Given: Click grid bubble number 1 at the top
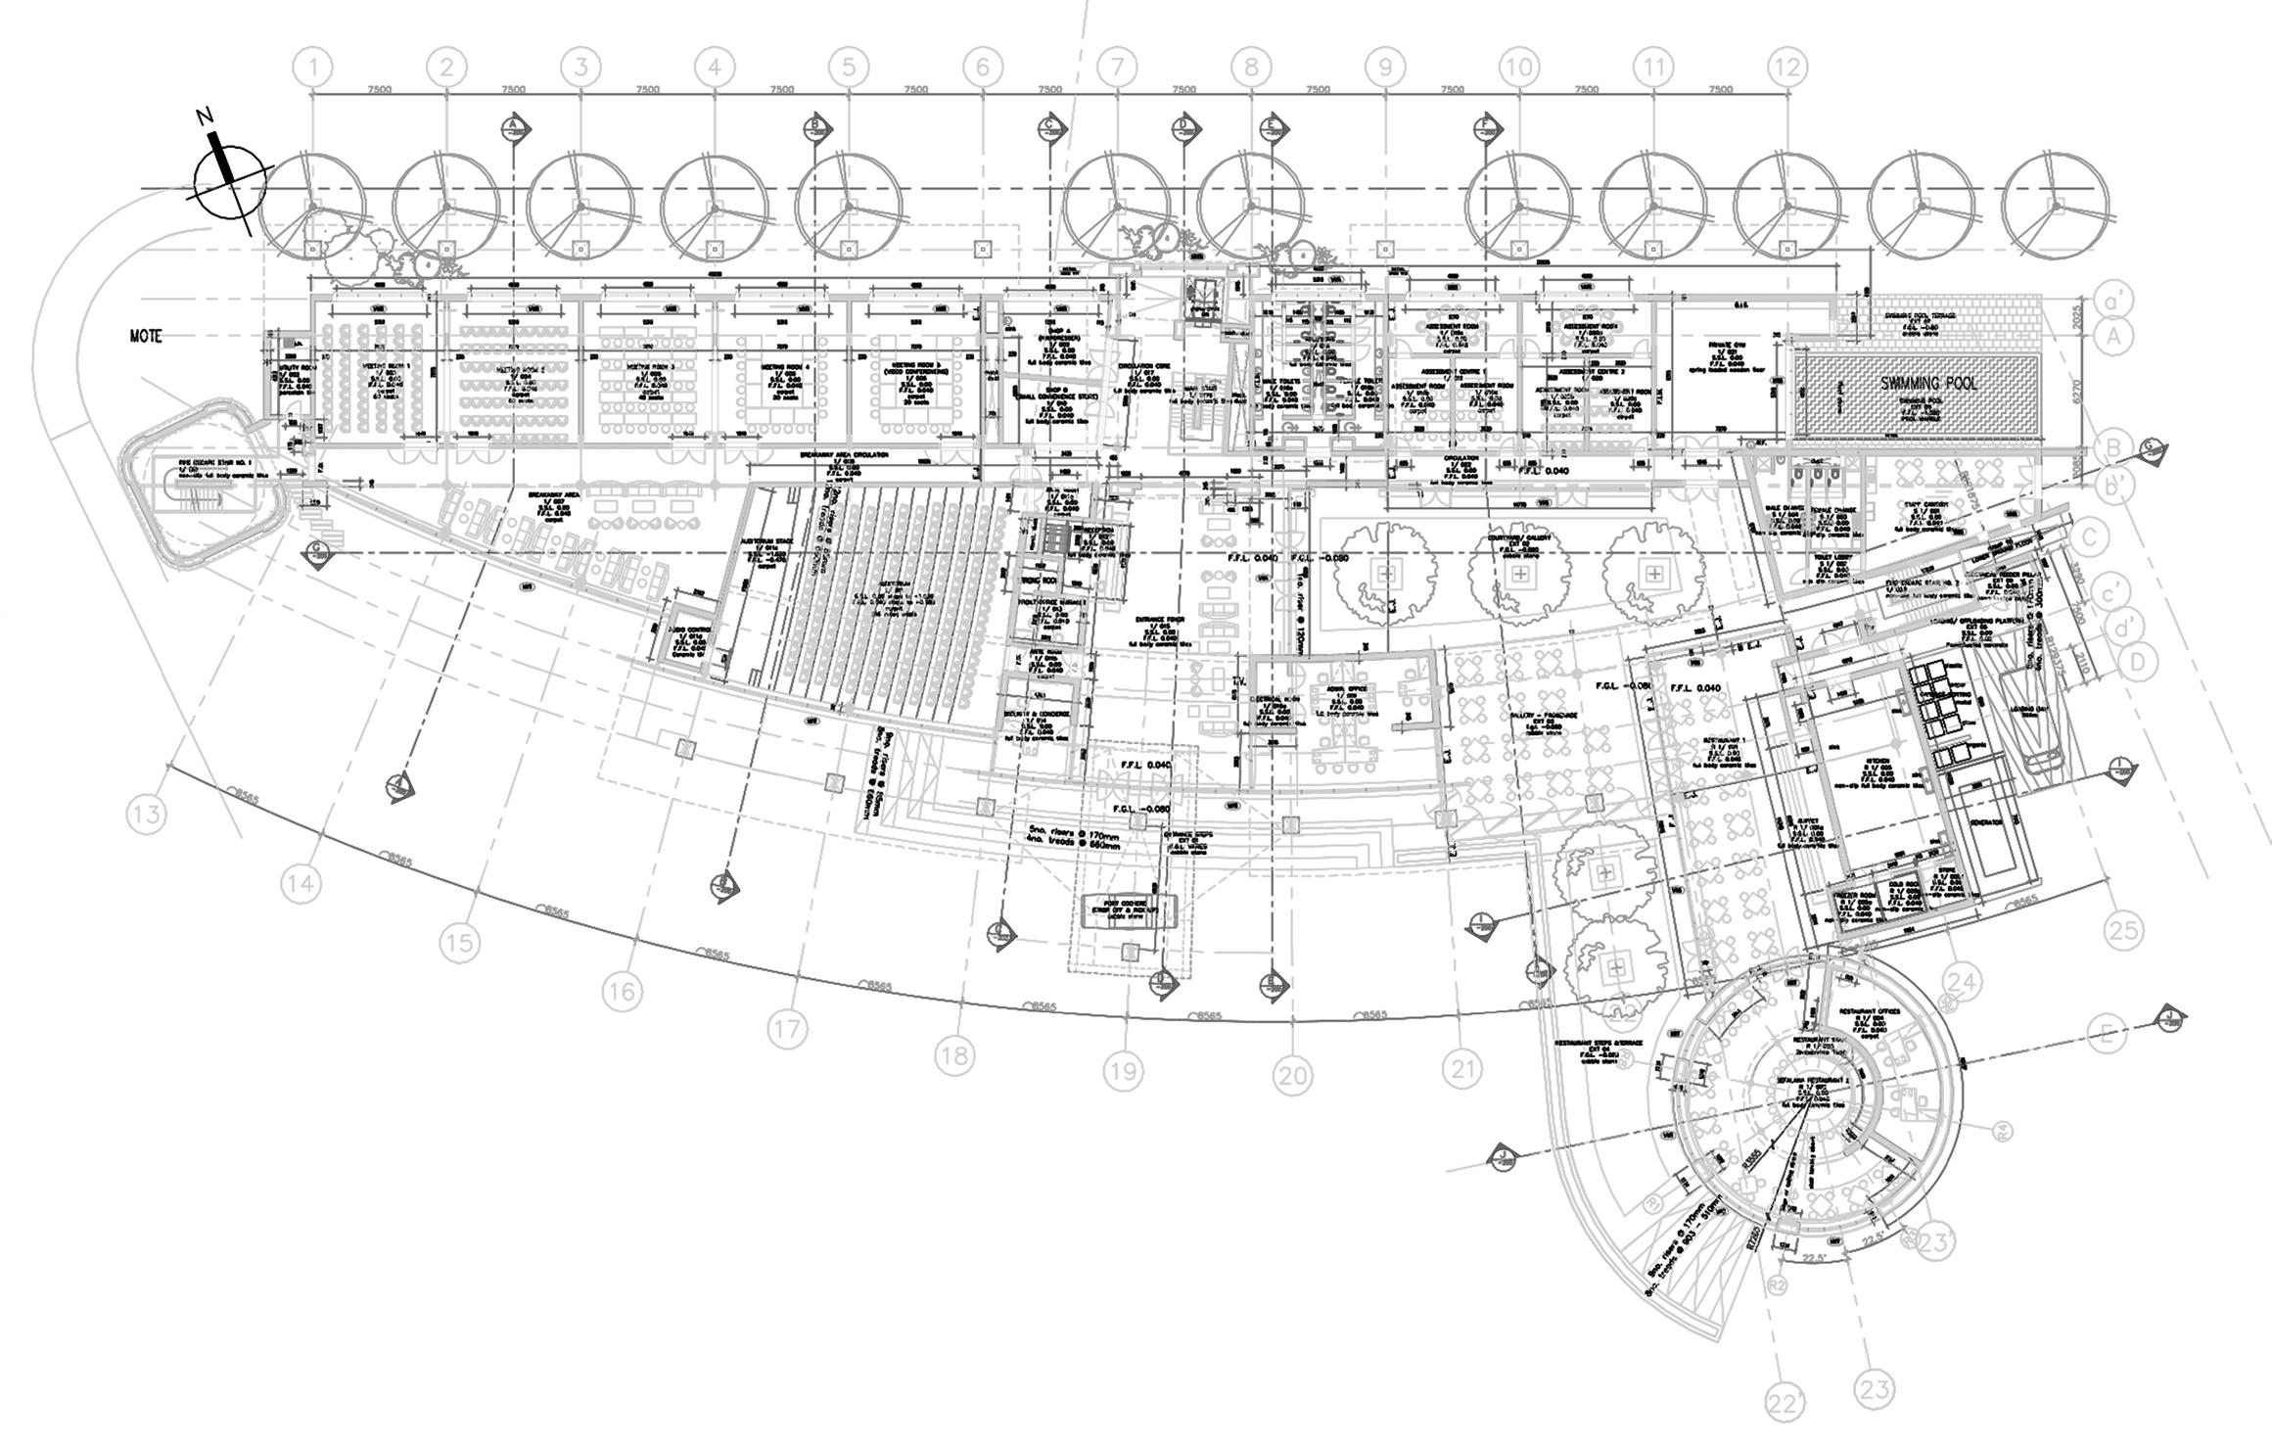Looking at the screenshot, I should pyautogui.click(x=313, y=68).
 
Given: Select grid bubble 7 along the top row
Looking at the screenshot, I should pyautogui.click(x=1116, y=68).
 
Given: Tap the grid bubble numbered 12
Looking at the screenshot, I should pyautogui.click(x=1786, y=68).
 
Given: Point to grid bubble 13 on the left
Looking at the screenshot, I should pyautogui.click(x=146, y=814).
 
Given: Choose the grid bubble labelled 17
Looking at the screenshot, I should pyautogui.click(x=787, y=1029).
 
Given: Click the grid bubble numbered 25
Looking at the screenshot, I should pyautogui.click(x=2123, y=929).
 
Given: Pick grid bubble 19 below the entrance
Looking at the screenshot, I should pyautogui.click(x=1123, y=1072).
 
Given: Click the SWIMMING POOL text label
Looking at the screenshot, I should pyautogui.click(x=1928, y=383).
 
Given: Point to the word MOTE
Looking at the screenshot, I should pyautogui.click(x=146, y=336).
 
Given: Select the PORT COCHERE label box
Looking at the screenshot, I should pyautogui.click(x=1130, y=905).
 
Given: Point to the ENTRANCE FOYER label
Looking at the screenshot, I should pyautogui.click(x=1162, y=620).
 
